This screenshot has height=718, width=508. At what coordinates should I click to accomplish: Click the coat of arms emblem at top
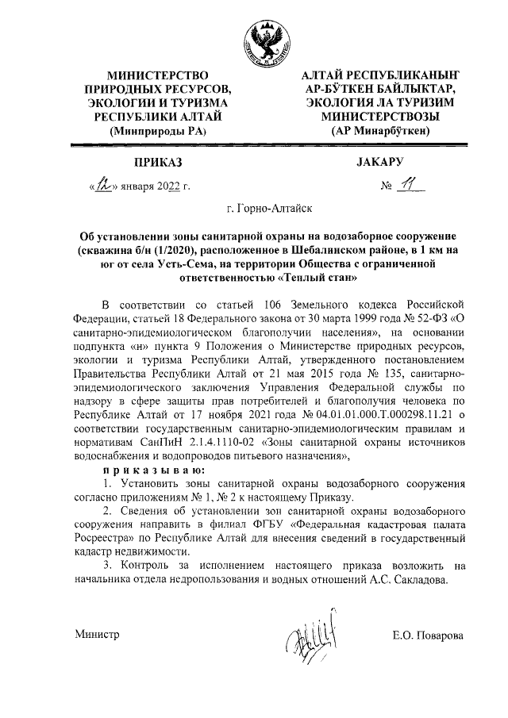[262, 40]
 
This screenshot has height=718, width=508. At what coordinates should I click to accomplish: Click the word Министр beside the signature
[98, 635]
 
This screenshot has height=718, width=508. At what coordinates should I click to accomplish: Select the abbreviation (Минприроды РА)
[157, 129]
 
